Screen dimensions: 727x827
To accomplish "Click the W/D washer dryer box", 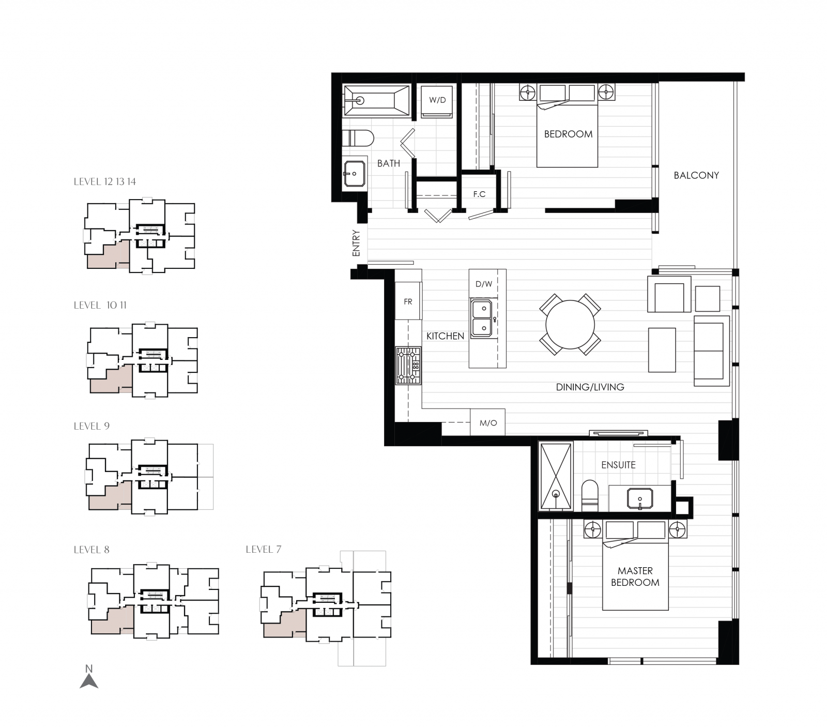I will (437, 100).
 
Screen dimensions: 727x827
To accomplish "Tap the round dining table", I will (570, 325).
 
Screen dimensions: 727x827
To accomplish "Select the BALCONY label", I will (696, 175).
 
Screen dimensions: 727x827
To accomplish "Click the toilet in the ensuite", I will (590, 495).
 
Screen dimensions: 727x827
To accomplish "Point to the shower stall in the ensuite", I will (556, 476).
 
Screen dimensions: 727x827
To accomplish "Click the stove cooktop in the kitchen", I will (408, 365).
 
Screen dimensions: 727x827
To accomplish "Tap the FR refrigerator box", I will (408, 301).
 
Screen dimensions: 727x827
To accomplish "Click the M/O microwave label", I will (488, 423).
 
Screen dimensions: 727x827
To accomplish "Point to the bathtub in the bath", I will (376, 100).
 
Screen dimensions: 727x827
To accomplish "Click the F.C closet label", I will (479, 194).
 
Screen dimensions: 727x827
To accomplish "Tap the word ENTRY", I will (356, 243).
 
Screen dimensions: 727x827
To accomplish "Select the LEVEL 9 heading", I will (91, 426).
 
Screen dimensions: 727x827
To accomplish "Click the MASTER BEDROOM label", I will (635, 577).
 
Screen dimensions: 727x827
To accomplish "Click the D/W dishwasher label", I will (484, 284).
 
